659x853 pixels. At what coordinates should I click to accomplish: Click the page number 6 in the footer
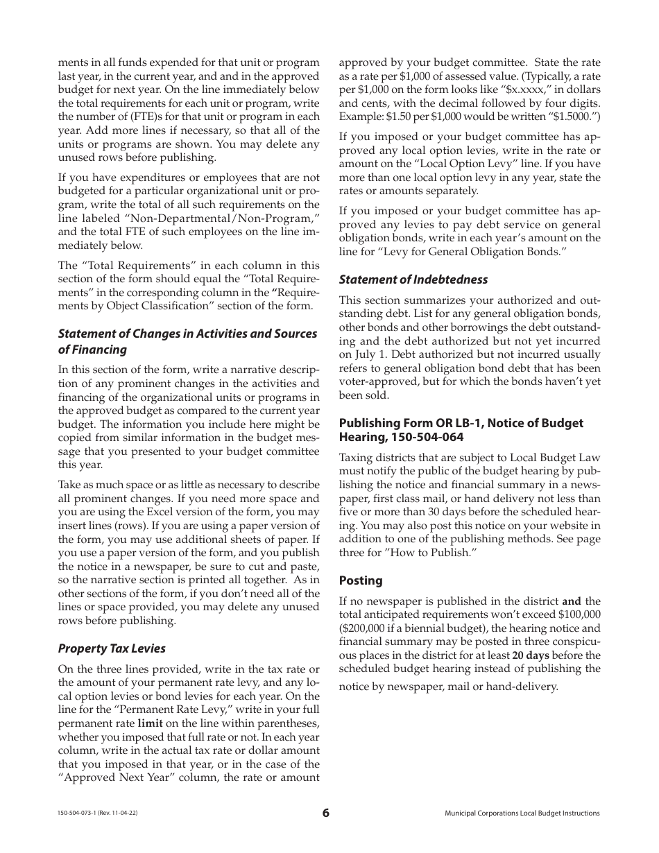click(x=326, y=813)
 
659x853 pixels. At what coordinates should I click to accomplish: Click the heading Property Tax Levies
click(x=112, y=648)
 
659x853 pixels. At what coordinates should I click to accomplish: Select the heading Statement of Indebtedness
click(x=413, y=279)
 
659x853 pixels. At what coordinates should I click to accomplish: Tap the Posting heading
click(x=360, y=580)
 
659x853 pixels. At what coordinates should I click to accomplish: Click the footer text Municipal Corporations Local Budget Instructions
click(x=522, y=813)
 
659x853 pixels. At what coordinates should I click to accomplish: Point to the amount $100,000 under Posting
click(x=577, y=615)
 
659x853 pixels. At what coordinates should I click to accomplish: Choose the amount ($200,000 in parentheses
click(x=365, y=628)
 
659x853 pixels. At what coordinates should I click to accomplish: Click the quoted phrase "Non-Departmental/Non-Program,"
click(x=232, y=218)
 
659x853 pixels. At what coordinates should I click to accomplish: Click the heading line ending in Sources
click(x=187, y=334)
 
